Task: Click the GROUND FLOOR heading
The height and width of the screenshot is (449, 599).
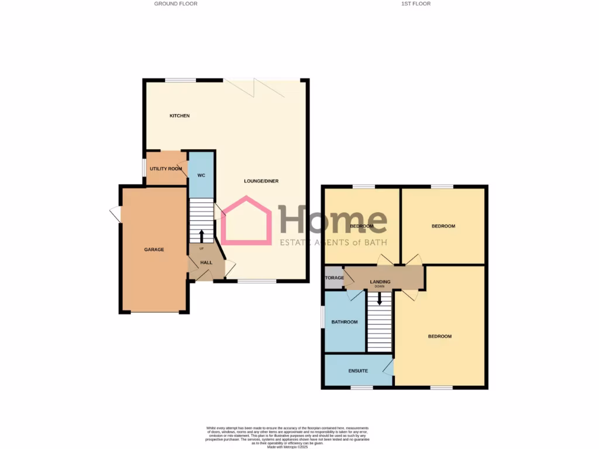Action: point(175,4)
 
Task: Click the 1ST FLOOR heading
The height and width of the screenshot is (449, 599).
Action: point(416,4)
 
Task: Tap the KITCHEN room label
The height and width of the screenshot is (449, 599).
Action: point(180,116)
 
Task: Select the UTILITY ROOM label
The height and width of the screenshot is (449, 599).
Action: point(166,169)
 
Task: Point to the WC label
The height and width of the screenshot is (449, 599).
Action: point(201,175)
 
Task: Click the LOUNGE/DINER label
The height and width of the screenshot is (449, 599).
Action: point(261,181)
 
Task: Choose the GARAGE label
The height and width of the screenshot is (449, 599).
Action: point(154,250)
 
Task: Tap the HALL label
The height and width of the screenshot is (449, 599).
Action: point(206,263)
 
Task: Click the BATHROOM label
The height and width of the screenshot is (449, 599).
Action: point(345,322)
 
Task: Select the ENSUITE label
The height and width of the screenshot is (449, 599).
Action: point(358,371)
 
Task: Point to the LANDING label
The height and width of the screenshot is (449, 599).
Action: point(380,282)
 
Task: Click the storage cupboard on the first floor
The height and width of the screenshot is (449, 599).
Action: point(334,278)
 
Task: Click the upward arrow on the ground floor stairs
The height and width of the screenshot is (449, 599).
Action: point(202,236)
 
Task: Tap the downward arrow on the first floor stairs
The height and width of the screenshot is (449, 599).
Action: point(380,299)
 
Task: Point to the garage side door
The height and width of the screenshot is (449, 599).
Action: point(115,214)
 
